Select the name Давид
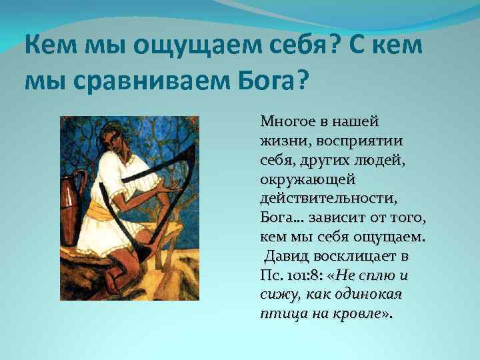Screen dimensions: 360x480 [285, 257]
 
